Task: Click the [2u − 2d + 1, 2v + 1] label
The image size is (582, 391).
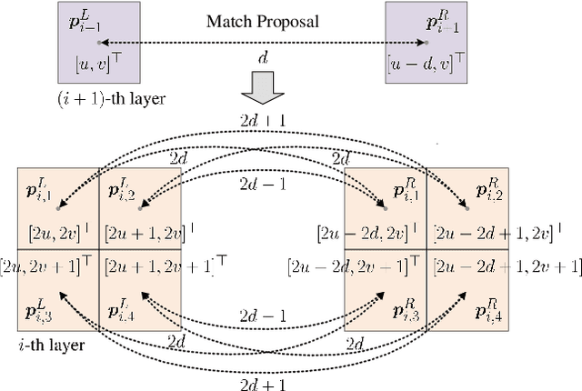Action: [507, 266]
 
